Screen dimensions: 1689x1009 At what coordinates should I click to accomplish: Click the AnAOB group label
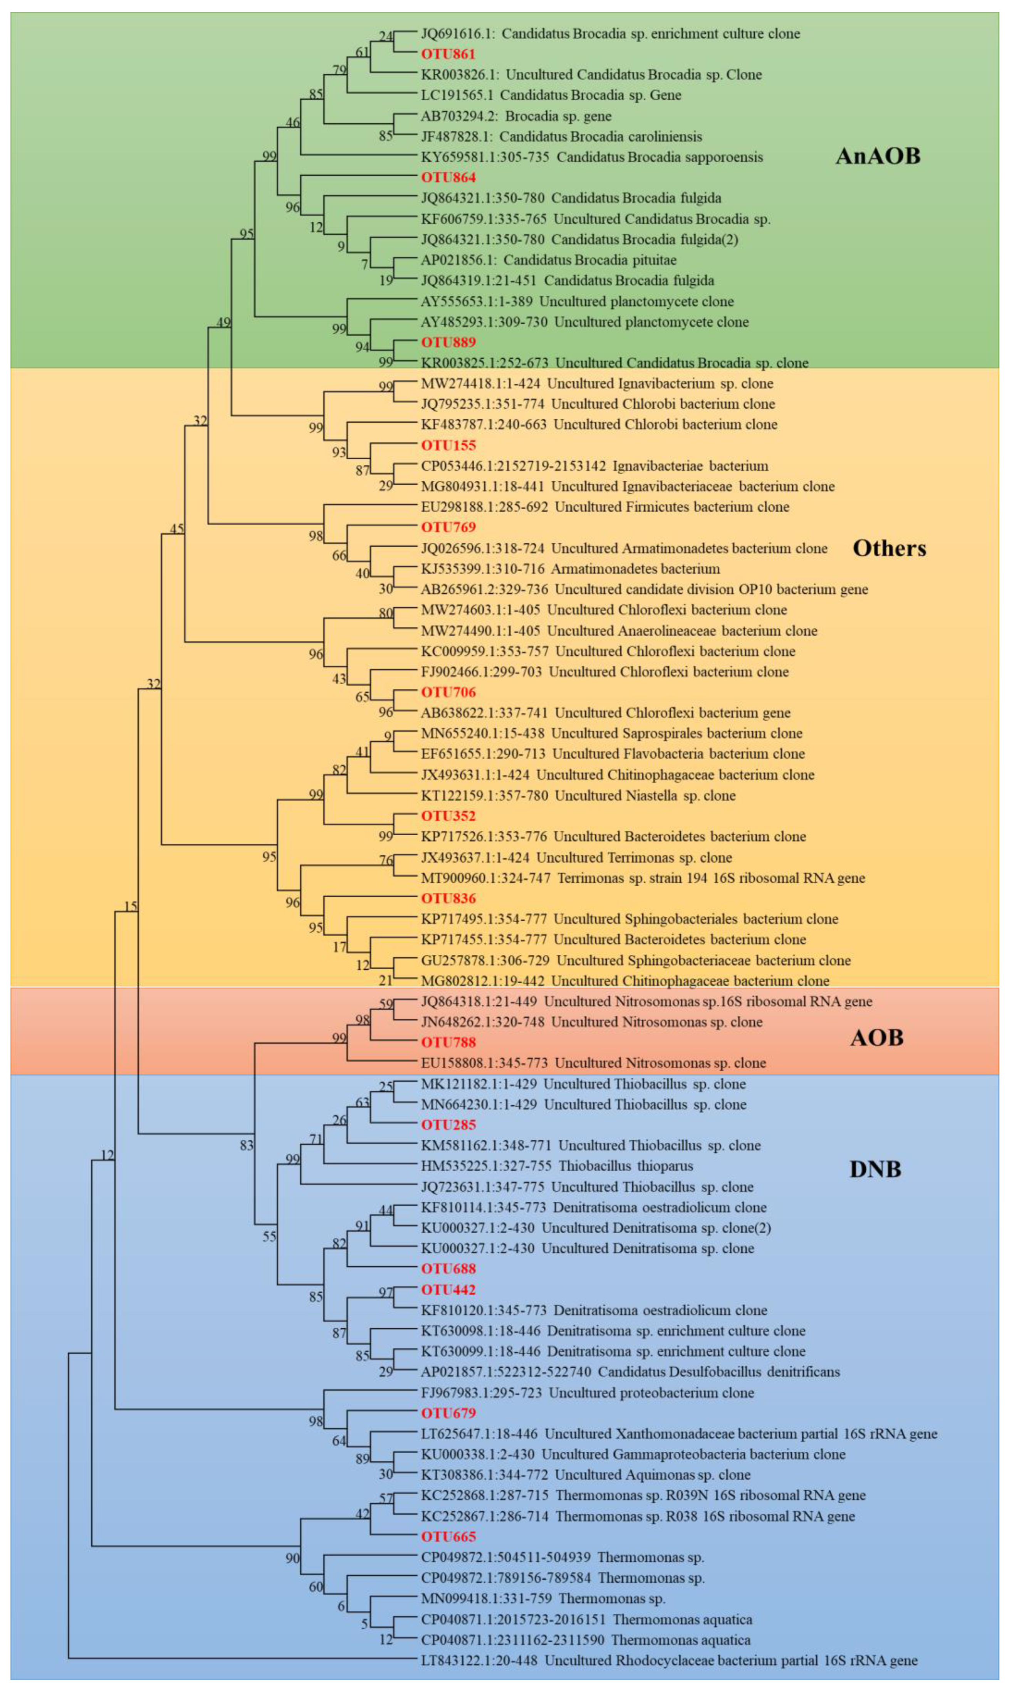tap(877, 156)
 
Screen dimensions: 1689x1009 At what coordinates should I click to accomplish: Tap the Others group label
tap(889, 548)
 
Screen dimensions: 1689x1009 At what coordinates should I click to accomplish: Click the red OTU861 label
tap(448, 54)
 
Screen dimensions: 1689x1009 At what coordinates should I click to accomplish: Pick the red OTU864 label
tap(448, 178)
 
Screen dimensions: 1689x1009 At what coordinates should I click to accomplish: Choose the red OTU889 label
tap(448, 342)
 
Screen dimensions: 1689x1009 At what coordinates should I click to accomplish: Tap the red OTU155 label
tap(448, 445)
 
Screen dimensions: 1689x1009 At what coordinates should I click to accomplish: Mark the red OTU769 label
tap(448, 527)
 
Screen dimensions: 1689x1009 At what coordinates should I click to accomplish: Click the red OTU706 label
tap(448, 692)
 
